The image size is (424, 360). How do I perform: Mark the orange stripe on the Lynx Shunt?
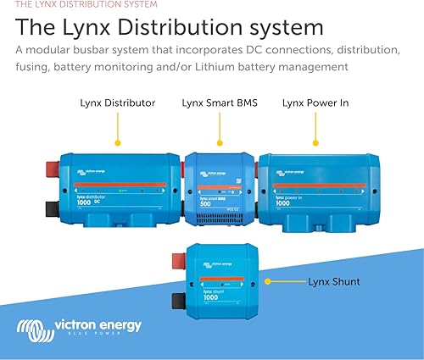point(220,279)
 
